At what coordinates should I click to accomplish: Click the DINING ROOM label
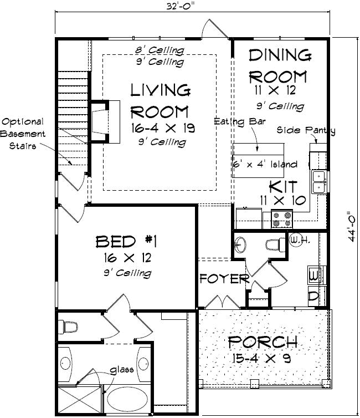coord(279,65)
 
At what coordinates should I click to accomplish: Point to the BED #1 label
coord(127,242)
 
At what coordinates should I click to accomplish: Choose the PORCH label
coord(263,343)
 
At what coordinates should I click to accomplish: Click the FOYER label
coord(224,278)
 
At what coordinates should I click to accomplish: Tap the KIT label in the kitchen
coord(283,186)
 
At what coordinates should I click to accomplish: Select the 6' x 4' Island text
coord(265,165)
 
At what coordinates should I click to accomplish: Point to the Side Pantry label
coord(306,130)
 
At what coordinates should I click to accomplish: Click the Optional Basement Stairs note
coord(22,134)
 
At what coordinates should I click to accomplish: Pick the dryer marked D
coord(313,296)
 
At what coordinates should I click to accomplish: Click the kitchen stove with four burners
coord(281,220)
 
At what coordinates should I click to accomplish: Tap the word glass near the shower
coord(121,370)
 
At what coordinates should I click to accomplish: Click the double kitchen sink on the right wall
coord(319,182)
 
